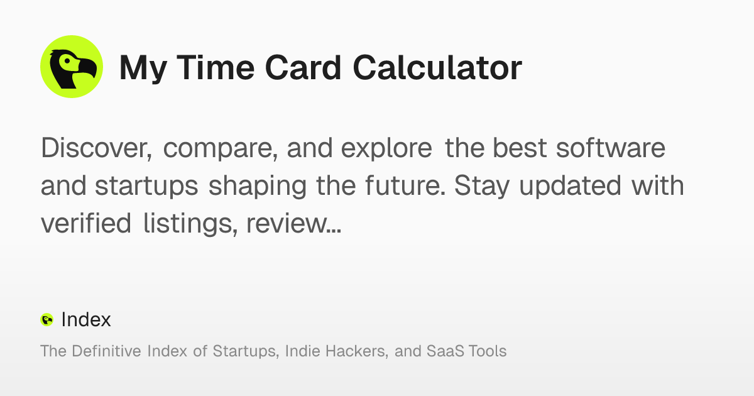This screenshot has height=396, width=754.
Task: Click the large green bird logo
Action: [71, 67]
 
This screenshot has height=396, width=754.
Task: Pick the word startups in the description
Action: [148, 187]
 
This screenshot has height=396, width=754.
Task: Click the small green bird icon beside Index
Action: [47, 320]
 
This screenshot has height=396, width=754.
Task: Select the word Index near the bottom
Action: [86, 320]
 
